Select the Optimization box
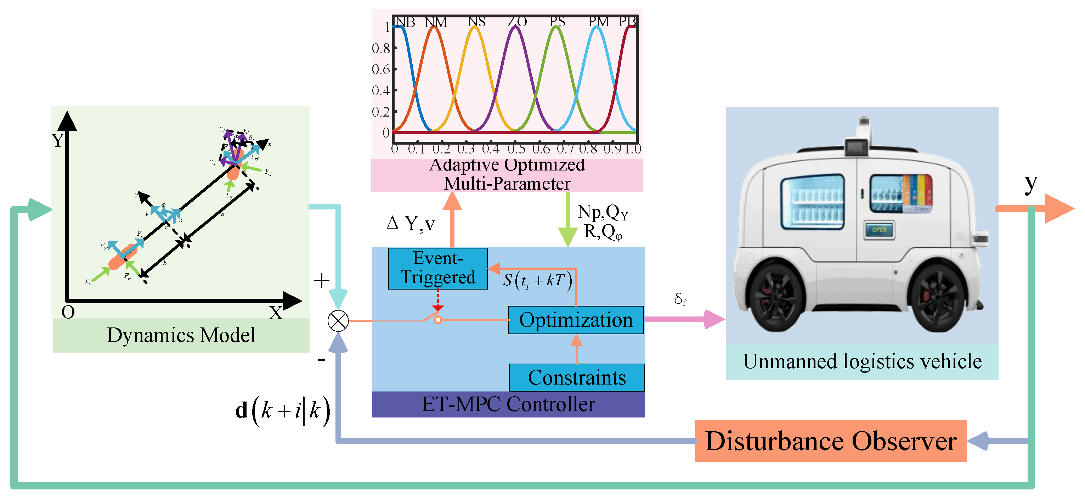coord(576,320)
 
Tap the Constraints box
coord(577,378)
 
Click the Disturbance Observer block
coord(830,441)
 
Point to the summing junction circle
coord(338,321)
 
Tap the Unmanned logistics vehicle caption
coord(862,361)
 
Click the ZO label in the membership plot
coord(517,22)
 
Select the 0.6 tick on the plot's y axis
coord(381,69)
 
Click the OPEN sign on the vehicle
coord(879,230)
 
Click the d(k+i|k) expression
coord(282,410)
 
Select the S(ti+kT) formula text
coord(537,280)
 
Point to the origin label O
coord(68,312)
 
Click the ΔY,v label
coord(411,223)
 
